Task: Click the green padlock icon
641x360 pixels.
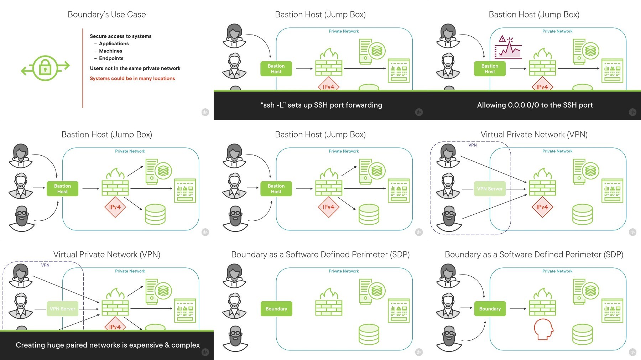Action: (45, 68)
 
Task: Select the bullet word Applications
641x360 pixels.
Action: (114, 43)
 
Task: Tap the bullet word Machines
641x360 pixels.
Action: (110, 51)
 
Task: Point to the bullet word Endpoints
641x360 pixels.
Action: (111, 58)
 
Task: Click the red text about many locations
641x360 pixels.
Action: (132, 78)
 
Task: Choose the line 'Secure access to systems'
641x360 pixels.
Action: (120, 36)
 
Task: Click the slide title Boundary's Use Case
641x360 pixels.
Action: (107, 15)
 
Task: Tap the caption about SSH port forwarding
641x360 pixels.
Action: (321, 105)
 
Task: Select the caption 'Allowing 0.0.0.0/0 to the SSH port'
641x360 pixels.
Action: (535, 105)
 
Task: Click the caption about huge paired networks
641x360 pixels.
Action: (108, 345)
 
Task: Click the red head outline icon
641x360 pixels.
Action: (543, 329)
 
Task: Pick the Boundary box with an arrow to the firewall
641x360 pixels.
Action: (490, 309)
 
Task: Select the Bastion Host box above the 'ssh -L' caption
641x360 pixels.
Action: (276, 69)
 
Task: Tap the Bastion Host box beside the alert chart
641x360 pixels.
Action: (490, 69)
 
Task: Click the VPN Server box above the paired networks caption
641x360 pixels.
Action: (62, 309)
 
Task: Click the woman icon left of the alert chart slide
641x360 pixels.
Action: (448, 36)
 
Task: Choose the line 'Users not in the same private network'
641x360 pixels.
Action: (135, 68)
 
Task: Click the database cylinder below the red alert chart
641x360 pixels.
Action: (583, 87)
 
